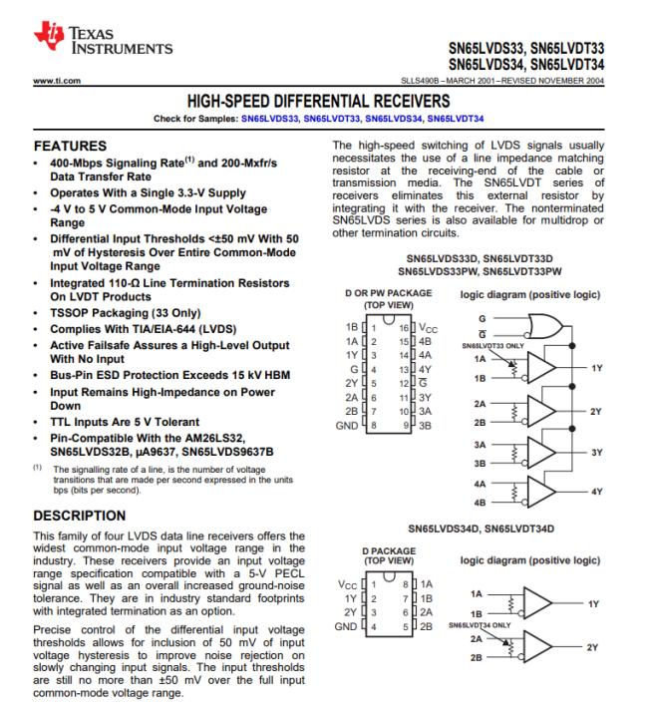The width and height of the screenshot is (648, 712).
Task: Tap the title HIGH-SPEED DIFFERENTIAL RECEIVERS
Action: [x=324, y=102]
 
